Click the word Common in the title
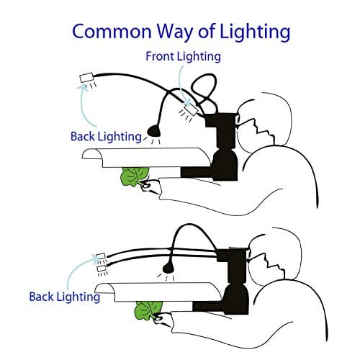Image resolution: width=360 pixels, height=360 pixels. (x=112, y=32)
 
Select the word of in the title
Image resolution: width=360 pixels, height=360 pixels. (x=207, y=31)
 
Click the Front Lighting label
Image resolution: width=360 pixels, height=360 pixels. (x=184, y=57)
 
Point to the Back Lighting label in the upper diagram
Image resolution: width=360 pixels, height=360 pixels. (x=106, y=137)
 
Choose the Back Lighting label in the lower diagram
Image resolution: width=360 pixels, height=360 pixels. (x=65, y=297)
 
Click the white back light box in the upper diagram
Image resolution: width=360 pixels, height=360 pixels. (x=86, y=78)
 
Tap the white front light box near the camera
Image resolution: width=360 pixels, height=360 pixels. (x=192, y=109)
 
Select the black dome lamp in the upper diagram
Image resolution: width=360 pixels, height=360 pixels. (x=154, y=131)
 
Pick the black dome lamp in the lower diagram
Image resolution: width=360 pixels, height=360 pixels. (x=168, y=269)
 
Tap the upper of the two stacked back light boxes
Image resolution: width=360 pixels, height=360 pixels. (x=101, y=256)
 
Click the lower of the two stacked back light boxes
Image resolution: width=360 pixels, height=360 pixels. (x=102, y=269)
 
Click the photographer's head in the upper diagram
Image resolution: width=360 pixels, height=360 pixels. (x=264, y=121)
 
